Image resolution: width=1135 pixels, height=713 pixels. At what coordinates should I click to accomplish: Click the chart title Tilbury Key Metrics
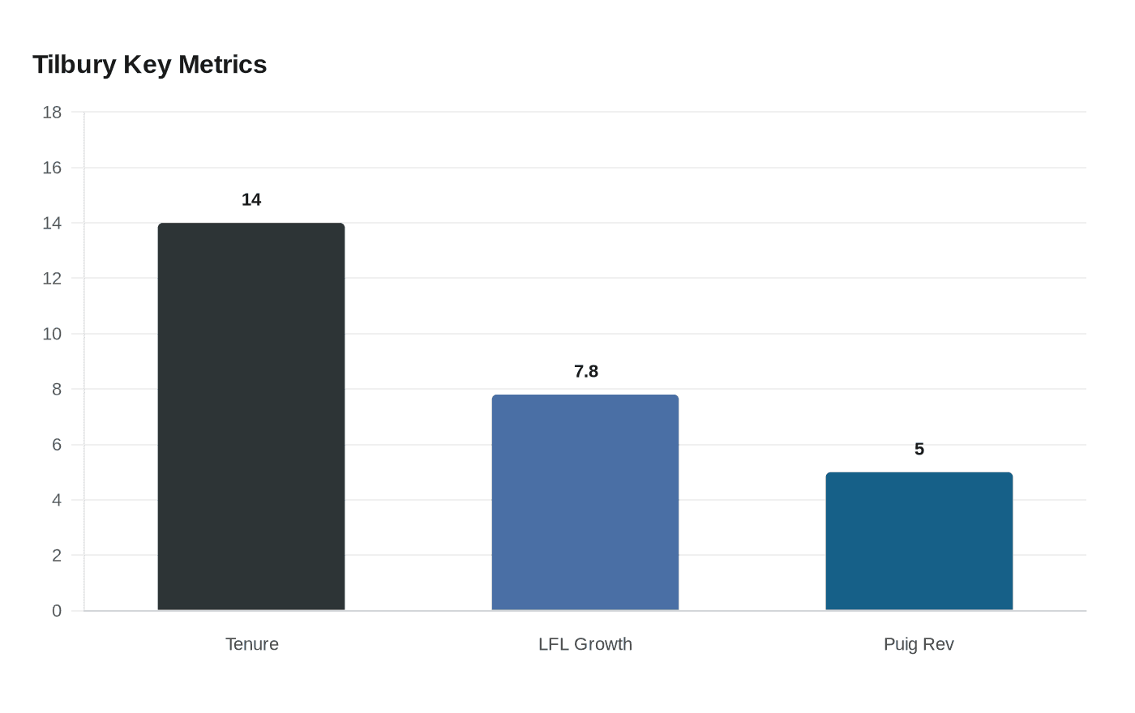tap(150, 65)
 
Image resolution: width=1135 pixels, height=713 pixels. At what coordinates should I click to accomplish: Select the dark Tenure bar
tap(251, 416)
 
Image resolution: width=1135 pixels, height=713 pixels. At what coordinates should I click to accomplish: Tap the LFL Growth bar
tap(585, 502)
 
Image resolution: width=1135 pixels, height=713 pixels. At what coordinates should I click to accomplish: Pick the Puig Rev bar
tap(919, 541)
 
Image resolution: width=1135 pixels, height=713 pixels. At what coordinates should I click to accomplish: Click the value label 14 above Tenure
tap(251, 200)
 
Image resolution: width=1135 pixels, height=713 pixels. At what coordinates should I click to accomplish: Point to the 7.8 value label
tap(586, 372)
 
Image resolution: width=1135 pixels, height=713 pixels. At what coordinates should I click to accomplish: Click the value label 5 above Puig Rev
tap(919, 450)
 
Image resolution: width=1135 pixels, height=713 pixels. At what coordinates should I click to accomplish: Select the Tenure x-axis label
tap(252, 644)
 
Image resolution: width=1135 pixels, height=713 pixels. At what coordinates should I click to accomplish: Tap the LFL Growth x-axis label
tap(585, 644)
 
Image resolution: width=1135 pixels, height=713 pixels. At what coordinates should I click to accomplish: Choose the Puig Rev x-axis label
tap(919, 644)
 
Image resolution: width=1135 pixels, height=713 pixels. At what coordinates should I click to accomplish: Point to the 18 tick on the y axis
tap(52, 113)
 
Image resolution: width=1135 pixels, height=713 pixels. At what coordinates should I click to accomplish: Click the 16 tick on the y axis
tap(52, 168)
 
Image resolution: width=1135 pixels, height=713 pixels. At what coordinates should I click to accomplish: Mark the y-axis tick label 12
tap(52, 279)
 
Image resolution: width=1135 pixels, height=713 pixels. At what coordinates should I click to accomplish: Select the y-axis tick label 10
tap(52, 334)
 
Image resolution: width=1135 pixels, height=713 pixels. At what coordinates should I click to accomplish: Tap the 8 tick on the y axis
tap(57, 390)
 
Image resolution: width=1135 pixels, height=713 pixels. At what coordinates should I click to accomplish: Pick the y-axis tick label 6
tap(57, 445)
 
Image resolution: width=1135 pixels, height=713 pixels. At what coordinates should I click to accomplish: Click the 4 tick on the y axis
tap(57, 500)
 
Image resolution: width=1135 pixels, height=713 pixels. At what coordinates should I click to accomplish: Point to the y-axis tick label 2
tap(57, 556)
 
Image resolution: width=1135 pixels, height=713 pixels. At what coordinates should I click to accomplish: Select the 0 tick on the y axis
tap(57, 611)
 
